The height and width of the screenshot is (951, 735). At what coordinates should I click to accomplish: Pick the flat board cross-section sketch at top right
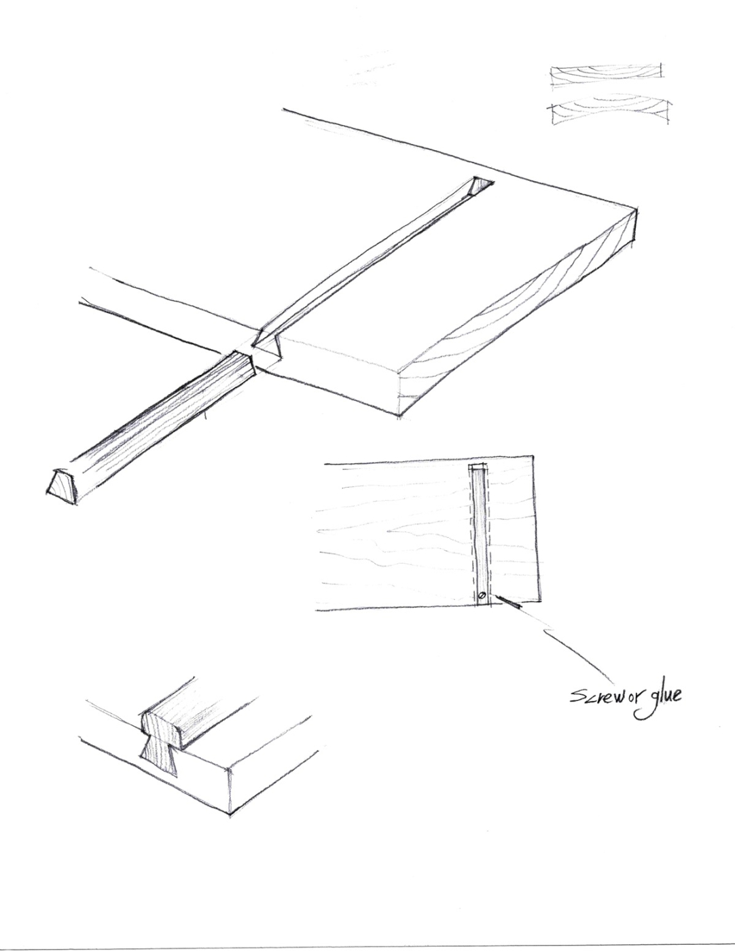click(x=606, y=77)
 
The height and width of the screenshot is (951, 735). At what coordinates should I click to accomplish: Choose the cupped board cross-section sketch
click(x=611, y=113)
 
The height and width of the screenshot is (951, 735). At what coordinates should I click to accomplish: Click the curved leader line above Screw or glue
click(x=577, y=652)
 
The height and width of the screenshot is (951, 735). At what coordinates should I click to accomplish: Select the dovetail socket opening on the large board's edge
click(x=268, y=346)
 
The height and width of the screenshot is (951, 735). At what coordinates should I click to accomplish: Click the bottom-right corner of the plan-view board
click(x=540, y=600)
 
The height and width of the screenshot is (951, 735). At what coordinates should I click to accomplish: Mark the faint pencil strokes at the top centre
click(x=370, y=68)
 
